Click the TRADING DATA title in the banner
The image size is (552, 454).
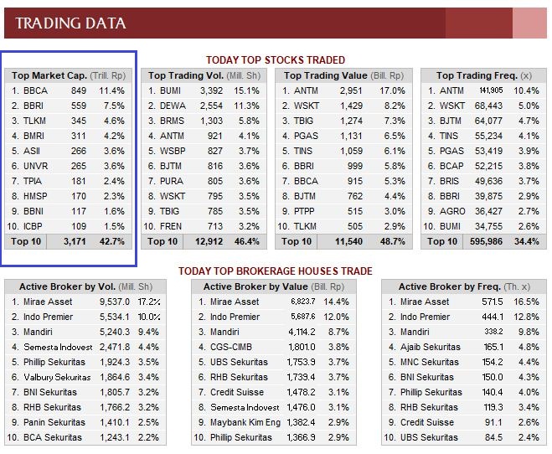pos(71,23)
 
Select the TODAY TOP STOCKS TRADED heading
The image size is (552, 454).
pos(276,60)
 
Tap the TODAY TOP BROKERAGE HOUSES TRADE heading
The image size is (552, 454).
pos(276,271)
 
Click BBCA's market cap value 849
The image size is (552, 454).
pos(79,90)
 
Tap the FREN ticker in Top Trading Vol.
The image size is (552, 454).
pos(173,226)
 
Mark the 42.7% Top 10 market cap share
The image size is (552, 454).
pos(111,241)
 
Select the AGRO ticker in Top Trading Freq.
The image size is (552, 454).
pos(453,211)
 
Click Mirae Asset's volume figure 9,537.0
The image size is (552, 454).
pos(114,302)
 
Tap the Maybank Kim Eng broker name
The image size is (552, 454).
pos(245,422)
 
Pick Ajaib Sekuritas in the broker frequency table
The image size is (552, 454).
pos(430,347)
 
